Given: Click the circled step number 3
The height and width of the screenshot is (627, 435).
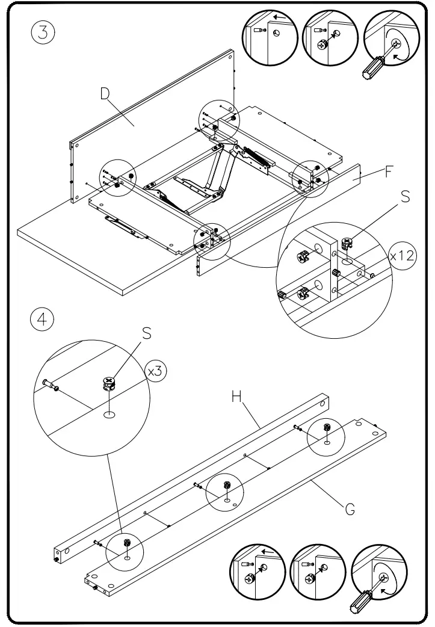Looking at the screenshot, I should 42,32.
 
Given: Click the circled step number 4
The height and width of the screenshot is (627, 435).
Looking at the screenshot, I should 42,319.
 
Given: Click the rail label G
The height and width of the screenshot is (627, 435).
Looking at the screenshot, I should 349,510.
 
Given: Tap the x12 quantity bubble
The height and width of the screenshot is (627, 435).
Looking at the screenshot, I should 401,255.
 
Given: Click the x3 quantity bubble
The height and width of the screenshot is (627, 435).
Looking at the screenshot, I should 155,371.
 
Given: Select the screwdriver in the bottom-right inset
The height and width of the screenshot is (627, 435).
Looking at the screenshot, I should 361,598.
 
